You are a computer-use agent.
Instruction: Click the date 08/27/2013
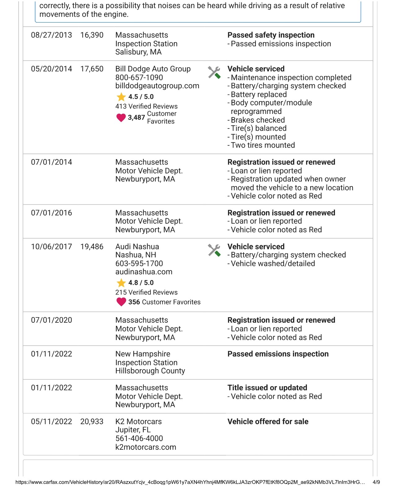coord(51,35)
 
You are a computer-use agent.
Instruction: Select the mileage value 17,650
coord(92,69)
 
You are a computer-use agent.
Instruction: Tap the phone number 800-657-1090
coord(139,77)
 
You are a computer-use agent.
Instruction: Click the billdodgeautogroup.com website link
coord(157,86)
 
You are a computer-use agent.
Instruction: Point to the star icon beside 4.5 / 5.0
coord(121,97)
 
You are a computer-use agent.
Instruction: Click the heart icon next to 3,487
coord(121,118)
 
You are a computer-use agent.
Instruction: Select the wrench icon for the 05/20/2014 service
coord(214,72)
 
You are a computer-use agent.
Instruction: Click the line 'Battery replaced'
coord(259,94)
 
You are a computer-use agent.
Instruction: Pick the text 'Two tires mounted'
coord(263,145)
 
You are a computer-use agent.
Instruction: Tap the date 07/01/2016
coord(51,213)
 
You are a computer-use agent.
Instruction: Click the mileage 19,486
coord(92,247)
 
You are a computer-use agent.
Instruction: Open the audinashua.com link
coord(144,272)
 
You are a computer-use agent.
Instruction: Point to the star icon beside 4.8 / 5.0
coord(121,283)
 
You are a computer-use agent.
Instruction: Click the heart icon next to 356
coord(121,302)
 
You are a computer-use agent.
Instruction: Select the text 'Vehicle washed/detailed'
coord(273,264)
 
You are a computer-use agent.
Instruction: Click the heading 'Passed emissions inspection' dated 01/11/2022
coord(278,354)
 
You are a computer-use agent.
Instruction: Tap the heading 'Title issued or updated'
coord(267,388)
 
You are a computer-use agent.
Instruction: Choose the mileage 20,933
coord(92,422)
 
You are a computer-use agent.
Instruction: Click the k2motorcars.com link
coord(146,447)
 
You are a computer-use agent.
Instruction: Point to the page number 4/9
coord(376,482)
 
